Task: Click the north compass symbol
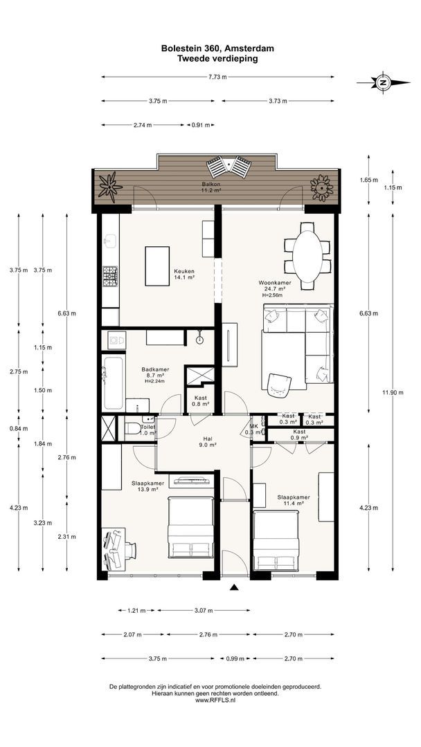[x=383, y=82]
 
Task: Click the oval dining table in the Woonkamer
[x=306, y=257]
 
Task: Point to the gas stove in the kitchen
[x=111, y=276]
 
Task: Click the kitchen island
[x=157, y=266]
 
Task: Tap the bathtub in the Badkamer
[x=113, y=383]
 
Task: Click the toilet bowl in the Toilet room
[x=133, y=430]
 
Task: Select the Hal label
[x=207, y=441]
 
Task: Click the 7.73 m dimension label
[x=217, y=77]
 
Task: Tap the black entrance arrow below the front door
[x=234, y=587]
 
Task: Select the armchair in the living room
[x=279, y=384]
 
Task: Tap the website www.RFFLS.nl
[x=215, y=700]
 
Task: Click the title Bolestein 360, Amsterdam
[x=217, y=48]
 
